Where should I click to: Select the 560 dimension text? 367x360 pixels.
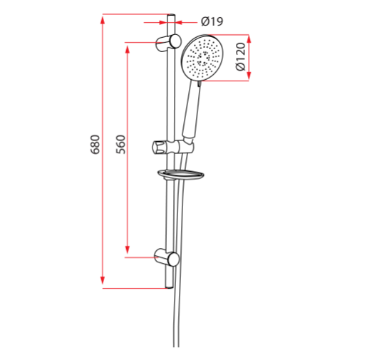click(120, 145)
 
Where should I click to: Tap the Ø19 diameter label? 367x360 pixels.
click(212, 21)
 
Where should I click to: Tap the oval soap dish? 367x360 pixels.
click(181, 174)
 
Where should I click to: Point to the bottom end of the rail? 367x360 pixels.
click(170, 285)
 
